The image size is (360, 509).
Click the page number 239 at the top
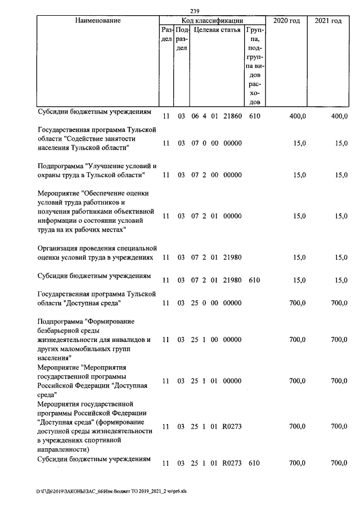[x=195, y=11]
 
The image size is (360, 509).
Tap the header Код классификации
[x=212, y=21]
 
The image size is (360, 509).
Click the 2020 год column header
[x=286, y=21]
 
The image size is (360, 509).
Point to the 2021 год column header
[x=328, y=21]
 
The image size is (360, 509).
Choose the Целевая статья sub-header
[x=217, y=30]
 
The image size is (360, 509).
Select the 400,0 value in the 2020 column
[x=297, y=116]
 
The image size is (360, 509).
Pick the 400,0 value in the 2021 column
[x=339, y=116]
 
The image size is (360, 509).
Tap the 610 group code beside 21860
[x=254, y=116]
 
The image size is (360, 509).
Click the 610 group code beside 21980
[x=254, y=280]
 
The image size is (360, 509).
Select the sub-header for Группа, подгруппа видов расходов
[x=254, y=65]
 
